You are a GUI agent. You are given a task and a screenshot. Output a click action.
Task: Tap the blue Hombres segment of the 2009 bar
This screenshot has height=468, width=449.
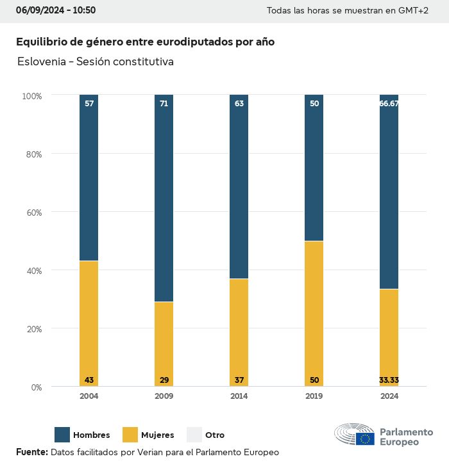(x=164, y=198)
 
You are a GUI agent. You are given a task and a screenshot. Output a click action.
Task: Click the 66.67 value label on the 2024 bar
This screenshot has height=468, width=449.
(x=389, y=104)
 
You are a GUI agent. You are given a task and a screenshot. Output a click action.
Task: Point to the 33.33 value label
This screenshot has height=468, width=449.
(x=389, y=380)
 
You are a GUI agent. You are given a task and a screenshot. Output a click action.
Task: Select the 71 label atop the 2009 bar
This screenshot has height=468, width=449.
(x=164, y=104)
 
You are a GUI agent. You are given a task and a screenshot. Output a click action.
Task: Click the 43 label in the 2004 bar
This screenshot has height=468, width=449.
(x=89, y=380)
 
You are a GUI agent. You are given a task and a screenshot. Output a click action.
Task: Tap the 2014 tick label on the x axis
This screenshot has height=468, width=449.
(x=239, y=396)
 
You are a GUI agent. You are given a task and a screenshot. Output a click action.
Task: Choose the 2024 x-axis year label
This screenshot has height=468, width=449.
(x=389, y=396)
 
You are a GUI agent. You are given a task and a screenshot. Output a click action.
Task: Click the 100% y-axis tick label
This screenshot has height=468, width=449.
(x=31, y=96)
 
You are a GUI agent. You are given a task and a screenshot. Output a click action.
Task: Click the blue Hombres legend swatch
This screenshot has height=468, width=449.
(x=62, y=435)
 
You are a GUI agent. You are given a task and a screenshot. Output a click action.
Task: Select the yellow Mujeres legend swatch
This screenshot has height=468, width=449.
(x=130, y=435)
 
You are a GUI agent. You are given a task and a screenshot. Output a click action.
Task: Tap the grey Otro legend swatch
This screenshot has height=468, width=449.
(x=194, y=435)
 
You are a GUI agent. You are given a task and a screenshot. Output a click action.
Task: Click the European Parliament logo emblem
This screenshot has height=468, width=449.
(x=354, y=435)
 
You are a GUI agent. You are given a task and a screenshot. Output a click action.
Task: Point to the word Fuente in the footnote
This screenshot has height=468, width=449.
(x=31, y=452)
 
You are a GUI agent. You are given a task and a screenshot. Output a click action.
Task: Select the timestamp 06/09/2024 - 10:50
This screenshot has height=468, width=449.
(x=56, y=10)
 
